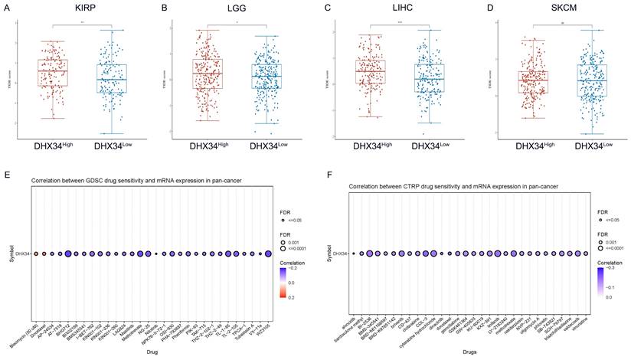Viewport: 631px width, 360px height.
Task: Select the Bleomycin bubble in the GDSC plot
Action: (34, 252)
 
